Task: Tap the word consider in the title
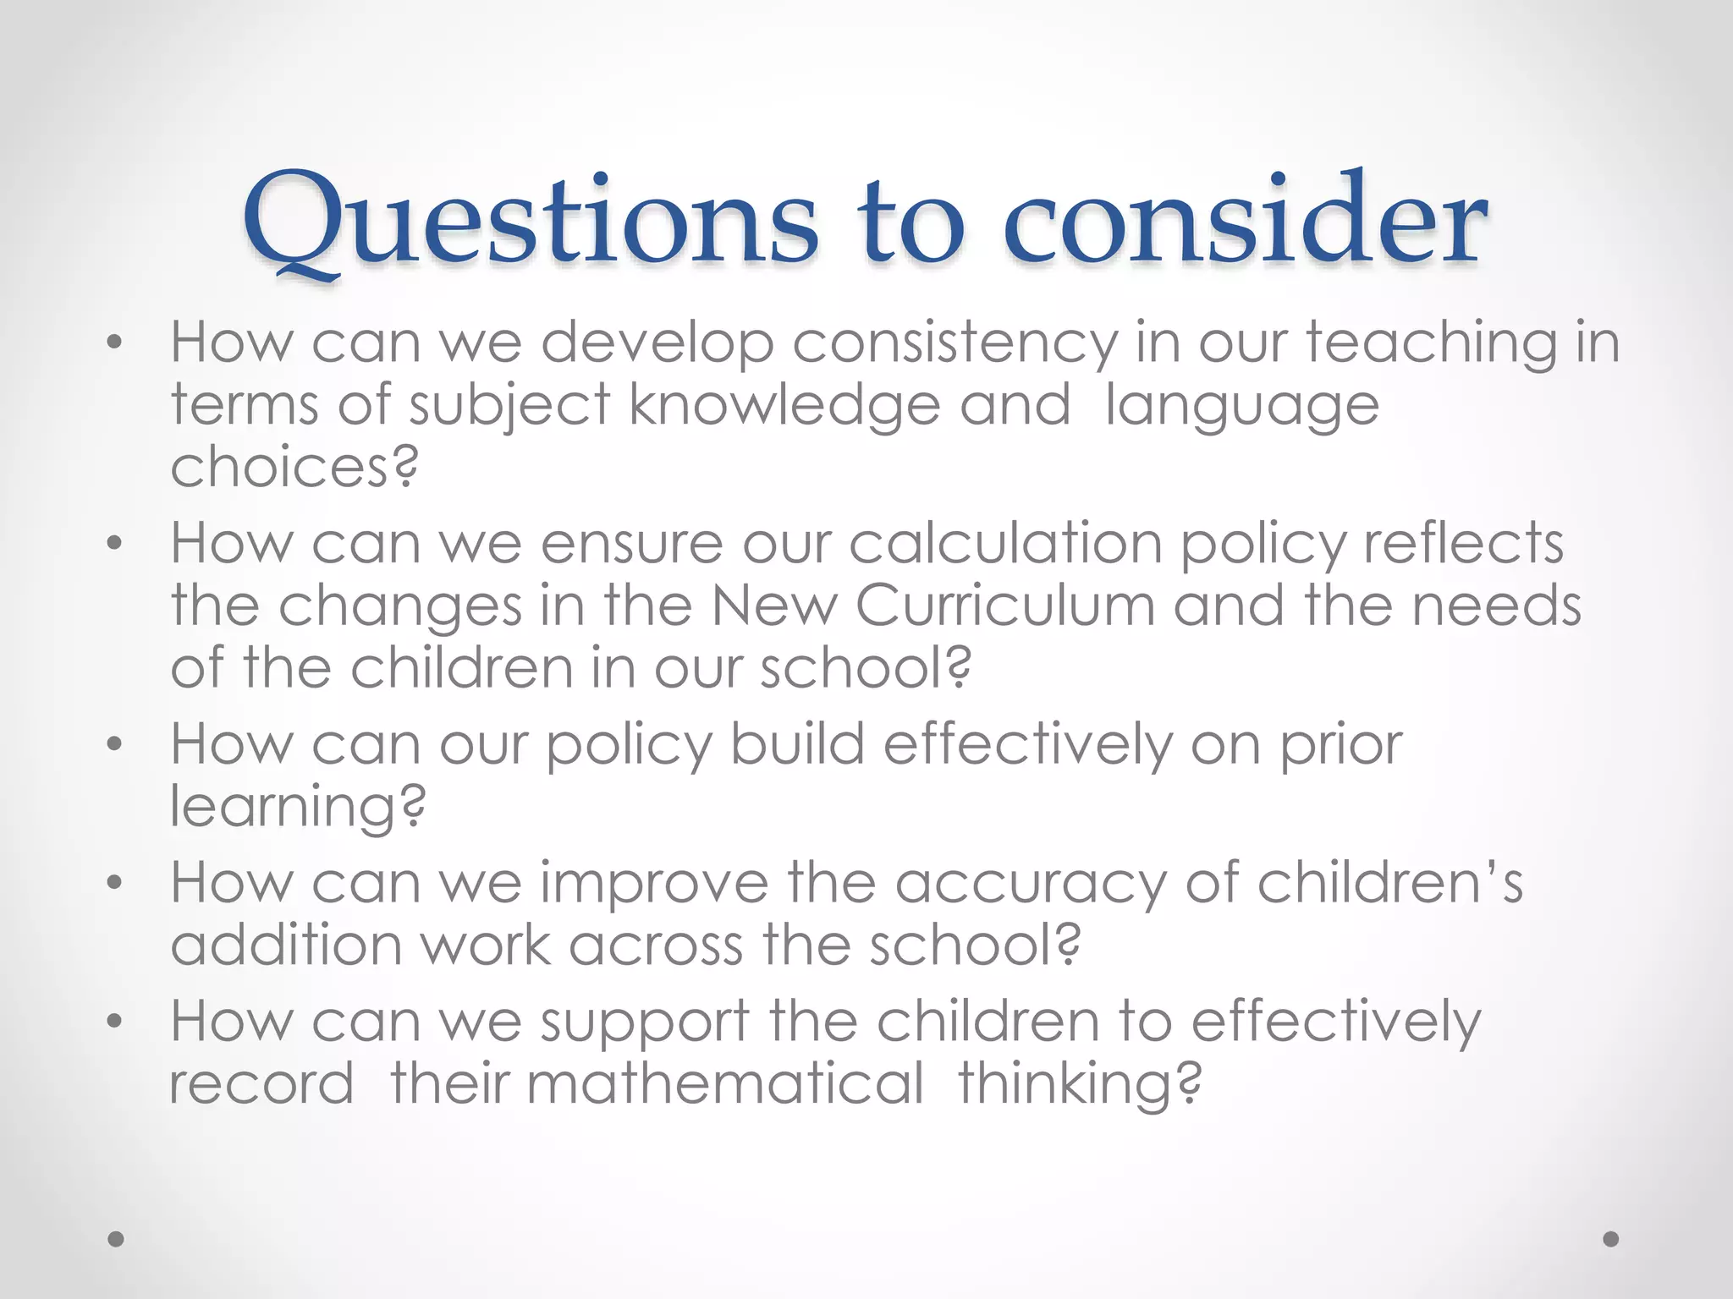pyautogui.click(x=1245, y=222)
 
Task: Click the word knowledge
pyautogui.click(x=784, y=406)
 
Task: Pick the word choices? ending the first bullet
pyautogui.click(x=294, y=467)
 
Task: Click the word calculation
pyautogui.click(x=1005, y=543)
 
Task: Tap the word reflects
pyautogui.click(x=1463, y=543)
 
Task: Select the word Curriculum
pyautogui.click(x=1005, y=606)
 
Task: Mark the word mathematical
pyautogui.click(x=725, y=1083)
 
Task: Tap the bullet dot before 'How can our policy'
pyautogui.click(x=115, y=744)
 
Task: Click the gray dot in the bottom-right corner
pyautogui.click(x=1611, y=1239)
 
